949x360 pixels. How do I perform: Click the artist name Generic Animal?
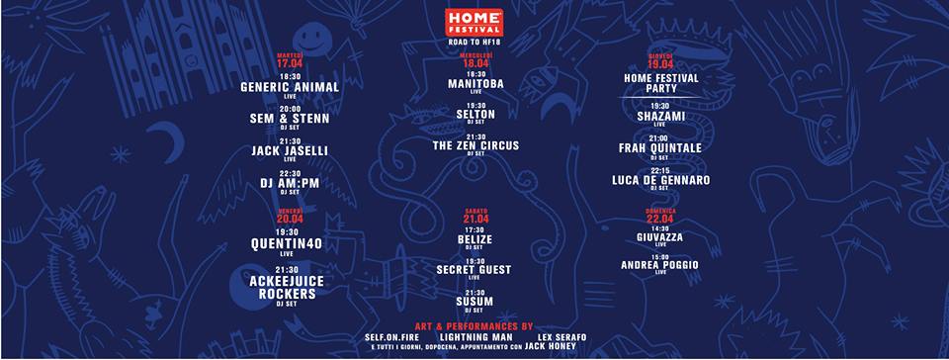click(290, 87)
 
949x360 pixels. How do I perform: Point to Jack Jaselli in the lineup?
click(290, 150)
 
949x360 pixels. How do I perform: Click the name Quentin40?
click(290, 243)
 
